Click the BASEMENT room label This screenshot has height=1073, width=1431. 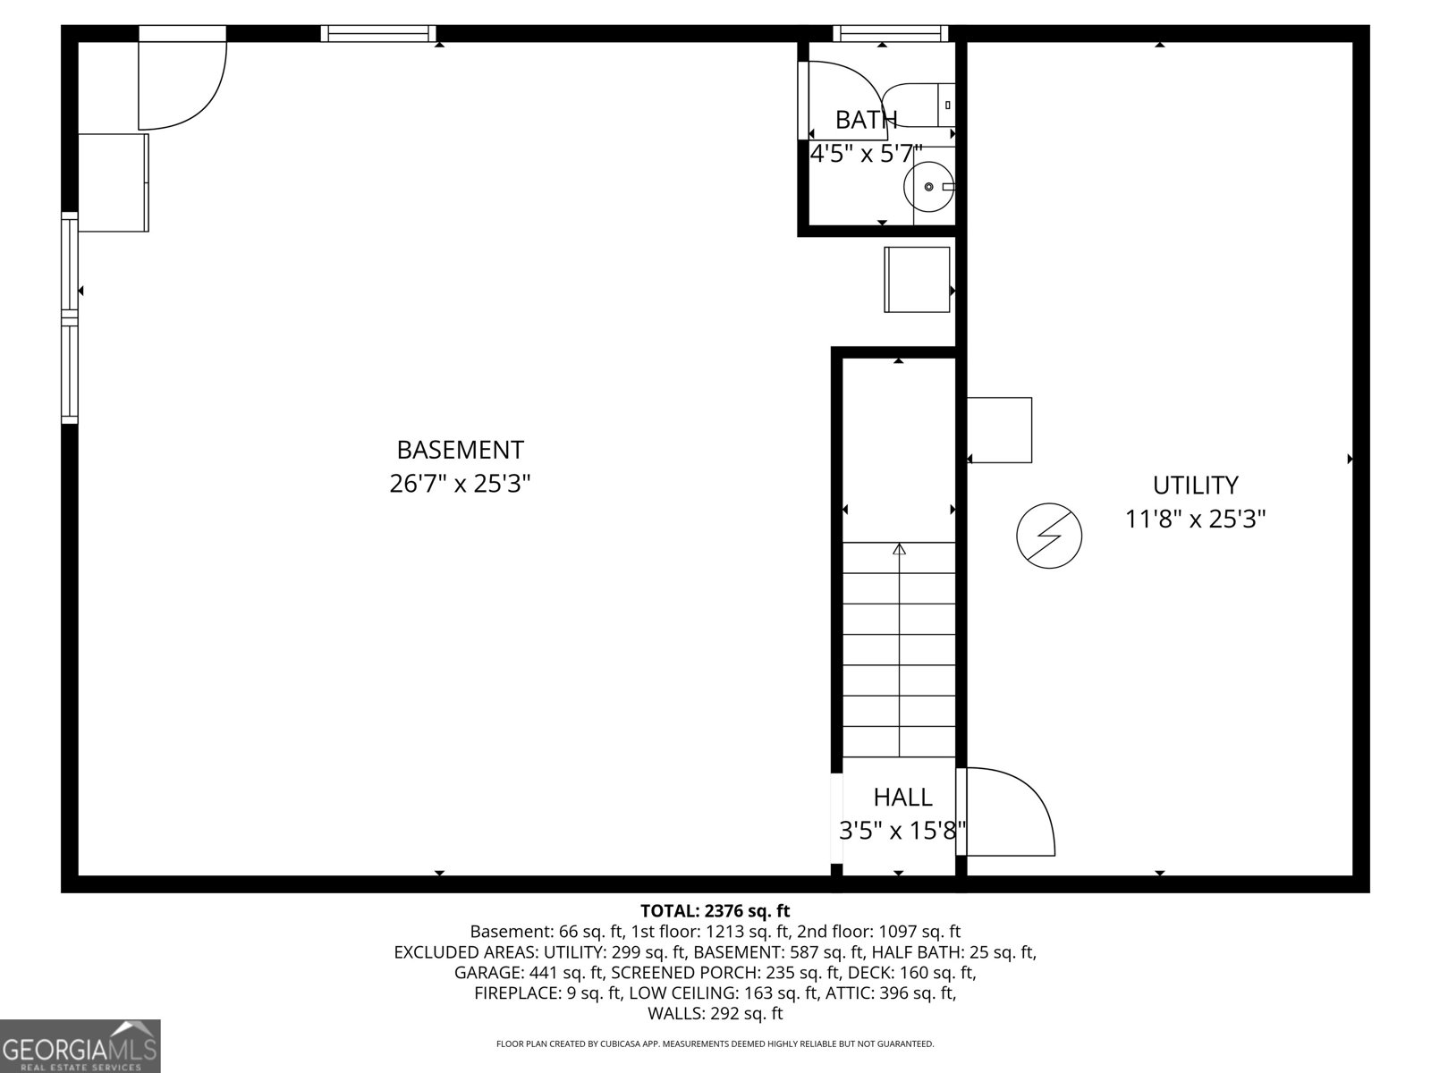460,449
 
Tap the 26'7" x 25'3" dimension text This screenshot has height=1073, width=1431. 460,484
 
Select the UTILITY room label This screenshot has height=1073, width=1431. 1195,485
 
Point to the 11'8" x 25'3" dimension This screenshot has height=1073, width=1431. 1195,519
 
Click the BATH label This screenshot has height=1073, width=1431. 866,119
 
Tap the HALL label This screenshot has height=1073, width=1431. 902,797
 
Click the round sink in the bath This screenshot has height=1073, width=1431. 929,187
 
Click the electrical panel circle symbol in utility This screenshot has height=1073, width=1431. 1049,536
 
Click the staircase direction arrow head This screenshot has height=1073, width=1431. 899,549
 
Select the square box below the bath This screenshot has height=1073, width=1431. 917,280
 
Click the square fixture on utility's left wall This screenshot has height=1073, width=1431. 1000,430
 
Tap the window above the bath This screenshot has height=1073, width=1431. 890,34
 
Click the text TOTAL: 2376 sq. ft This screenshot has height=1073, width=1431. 715,911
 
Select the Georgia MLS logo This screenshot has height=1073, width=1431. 80,1045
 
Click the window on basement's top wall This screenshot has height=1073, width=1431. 378,34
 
